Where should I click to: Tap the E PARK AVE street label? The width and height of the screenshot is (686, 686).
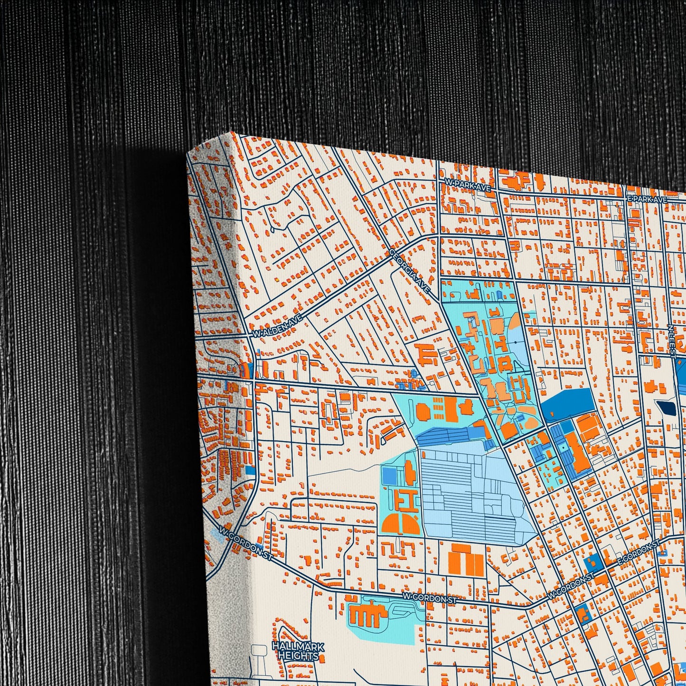[647, 200]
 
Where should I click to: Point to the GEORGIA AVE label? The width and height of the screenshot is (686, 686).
[410, 271]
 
